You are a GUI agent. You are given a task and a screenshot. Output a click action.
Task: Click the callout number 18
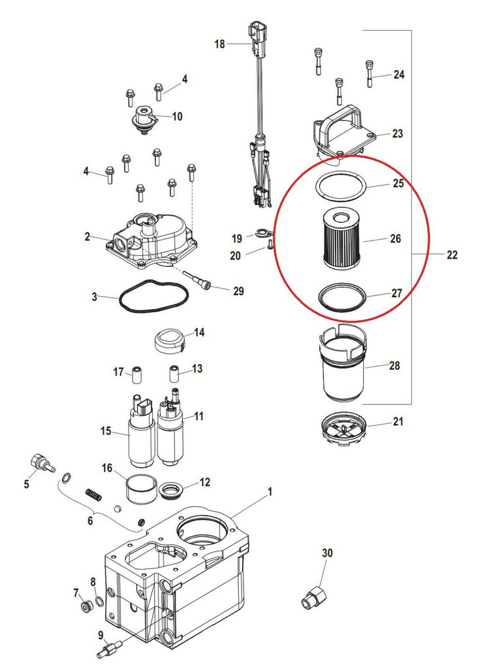pos(219,44)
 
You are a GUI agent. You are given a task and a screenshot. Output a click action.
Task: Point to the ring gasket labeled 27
pos(340,297)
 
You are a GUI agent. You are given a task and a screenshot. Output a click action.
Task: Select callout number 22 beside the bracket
pos(452,255)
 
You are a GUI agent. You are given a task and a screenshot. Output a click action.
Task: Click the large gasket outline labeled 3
pos(152,299)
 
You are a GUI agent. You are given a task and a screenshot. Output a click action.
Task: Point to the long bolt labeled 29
pos(200,282)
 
